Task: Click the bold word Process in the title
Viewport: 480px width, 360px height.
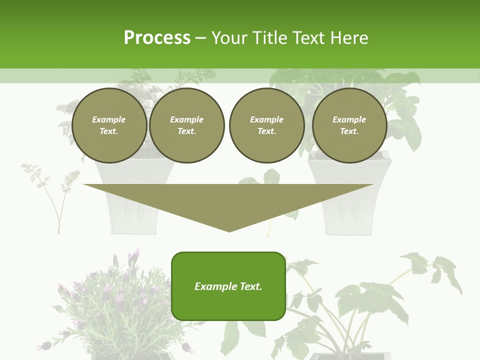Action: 157,38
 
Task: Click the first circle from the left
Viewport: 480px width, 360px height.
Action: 109,125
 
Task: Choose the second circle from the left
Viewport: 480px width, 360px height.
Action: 186,125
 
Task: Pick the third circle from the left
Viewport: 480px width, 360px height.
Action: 266,125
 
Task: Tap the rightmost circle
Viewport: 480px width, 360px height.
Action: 349,125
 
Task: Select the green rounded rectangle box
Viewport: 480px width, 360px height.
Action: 228,286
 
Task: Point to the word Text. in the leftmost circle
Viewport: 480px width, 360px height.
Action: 109,131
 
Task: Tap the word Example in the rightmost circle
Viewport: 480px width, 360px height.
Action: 349,119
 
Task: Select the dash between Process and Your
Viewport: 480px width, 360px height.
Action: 200,38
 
